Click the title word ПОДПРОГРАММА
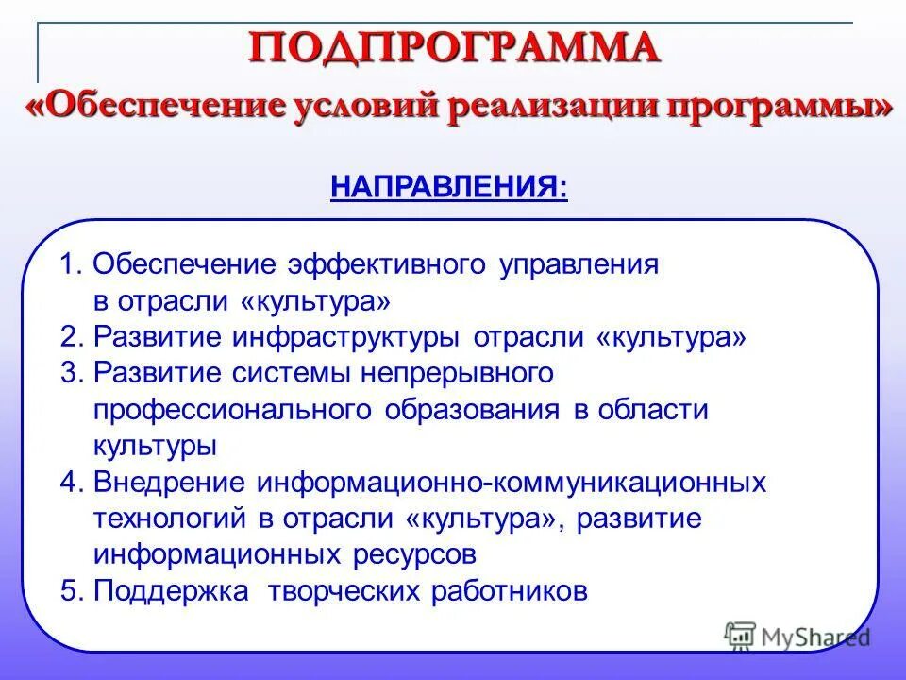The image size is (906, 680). click(x=455, y=47)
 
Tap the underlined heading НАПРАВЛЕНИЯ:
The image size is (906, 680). click(x=449, y=186)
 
